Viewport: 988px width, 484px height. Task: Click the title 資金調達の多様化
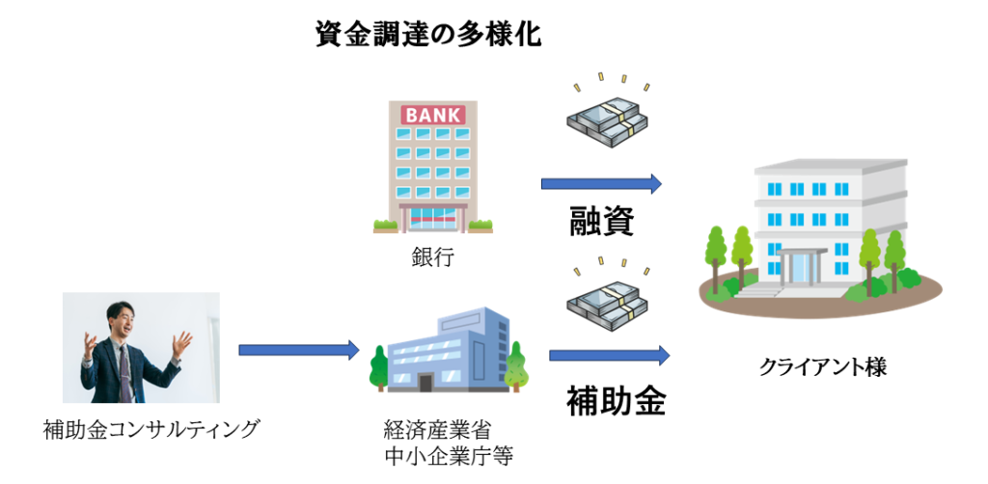428,35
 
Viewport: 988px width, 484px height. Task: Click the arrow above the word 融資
600,183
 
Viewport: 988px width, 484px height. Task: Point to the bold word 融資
600,221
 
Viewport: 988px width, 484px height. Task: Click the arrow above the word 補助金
609,355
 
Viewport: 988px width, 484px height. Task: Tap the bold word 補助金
615,398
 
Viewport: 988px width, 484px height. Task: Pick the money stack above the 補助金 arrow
606,302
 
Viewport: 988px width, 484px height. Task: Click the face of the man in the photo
121,323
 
